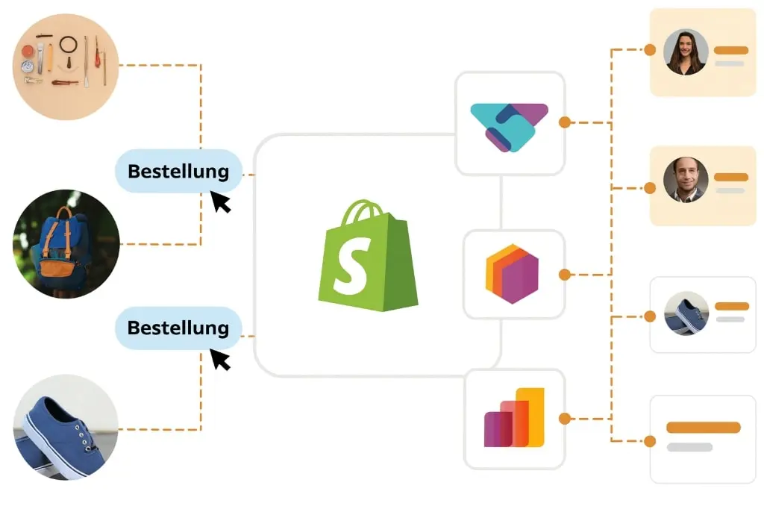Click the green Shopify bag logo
[x=367, y=256]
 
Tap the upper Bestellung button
[x=178, y=171]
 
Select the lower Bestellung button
[x=178, y=328]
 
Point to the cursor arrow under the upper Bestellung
[x=220, y=202]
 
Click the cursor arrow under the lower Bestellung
[x=220, y=359]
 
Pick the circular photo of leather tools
[x=66, y=66]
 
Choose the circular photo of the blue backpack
[x=66, y=243]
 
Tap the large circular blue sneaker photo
[x=66, y=427]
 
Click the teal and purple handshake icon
[x=510, y=125]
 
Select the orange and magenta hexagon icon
[x=512, y=274]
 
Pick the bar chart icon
[x=514, y=418]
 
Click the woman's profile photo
[x=686, y=51]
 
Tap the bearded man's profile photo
[x=686, y=179]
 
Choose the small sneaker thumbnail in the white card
[x=686, y=313]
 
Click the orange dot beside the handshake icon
[x=565, y=122]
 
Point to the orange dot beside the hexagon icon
[x=565, y=275]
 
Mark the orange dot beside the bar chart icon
[x=565, y=419]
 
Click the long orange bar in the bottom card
[x=703, y=428]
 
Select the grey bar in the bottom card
[x=689, y=447]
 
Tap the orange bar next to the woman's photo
[x=731, y=50]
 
